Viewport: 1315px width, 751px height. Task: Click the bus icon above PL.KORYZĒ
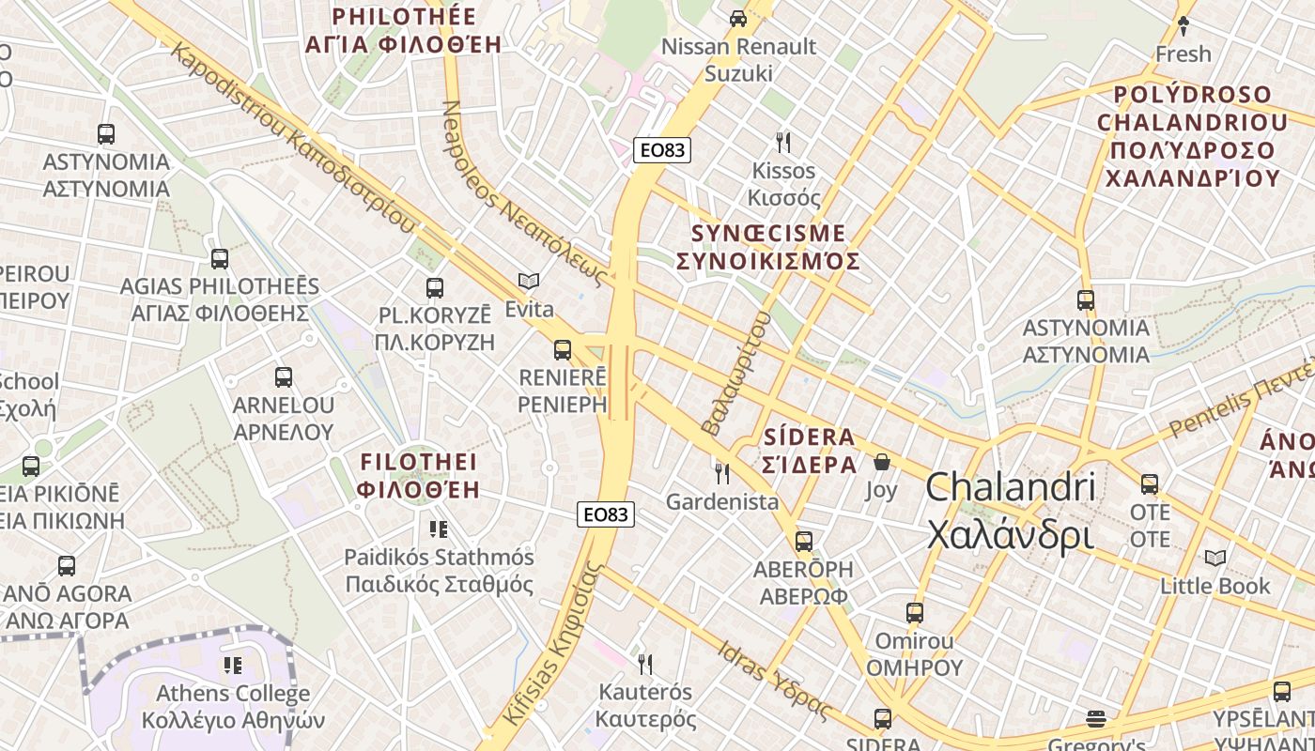click(x=434, y=287)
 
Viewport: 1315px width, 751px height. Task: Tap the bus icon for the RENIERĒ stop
click(x=563, y=350)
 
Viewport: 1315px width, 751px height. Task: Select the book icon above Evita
click(x=530, y=281)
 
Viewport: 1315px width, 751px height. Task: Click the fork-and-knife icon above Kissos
click(x=783, y=143)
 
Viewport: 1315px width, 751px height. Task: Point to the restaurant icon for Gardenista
click(x=722, y=473)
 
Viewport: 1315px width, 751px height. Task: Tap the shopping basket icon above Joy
click(x=882, y=462)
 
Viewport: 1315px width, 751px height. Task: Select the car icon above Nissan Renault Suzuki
click(x=738, y=18)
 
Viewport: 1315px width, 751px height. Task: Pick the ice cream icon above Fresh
click(x=1183, y=26)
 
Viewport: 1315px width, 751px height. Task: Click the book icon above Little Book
click(x=1215, y=558)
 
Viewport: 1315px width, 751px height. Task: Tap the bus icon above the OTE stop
click(x=1150, y=484)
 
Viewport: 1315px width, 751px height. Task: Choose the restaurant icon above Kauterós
click(x=645, y=665)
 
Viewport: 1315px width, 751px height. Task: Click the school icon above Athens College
click(x=233, y=666)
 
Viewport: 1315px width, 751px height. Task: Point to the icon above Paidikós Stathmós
click(x=438, y=529)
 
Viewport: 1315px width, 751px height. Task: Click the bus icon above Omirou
click(x=915, y=613)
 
